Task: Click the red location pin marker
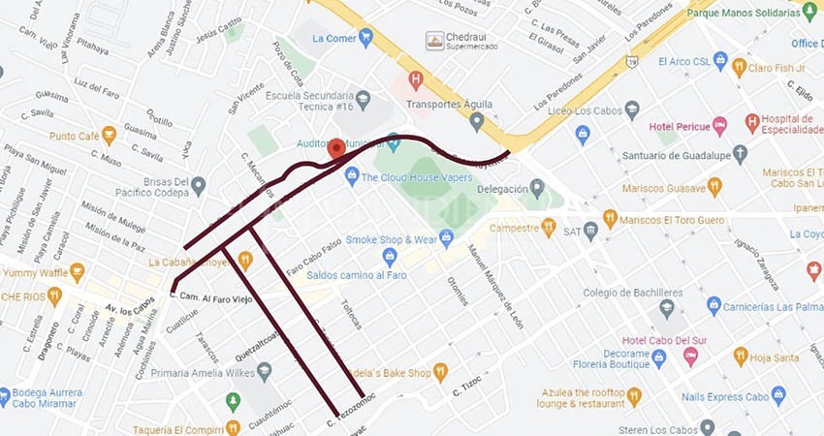pos(336,148)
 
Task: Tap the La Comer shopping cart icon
pos(365,38)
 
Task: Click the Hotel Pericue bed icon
pos(719,125)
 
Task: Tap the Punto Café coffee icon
pos(109,135)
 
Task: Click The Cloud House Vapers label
pos(416,177)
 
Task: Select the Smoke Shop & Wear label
pos(392,239)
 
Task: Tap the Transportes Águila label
pos(448,105)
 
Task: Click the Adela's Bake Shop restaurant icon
pos(440,372)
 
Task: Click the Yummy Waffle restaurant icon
pos(77,272)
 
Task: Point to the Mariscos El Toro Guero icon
pos(610,219)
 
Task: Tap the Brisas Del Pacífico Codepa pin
pos(198,184)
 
